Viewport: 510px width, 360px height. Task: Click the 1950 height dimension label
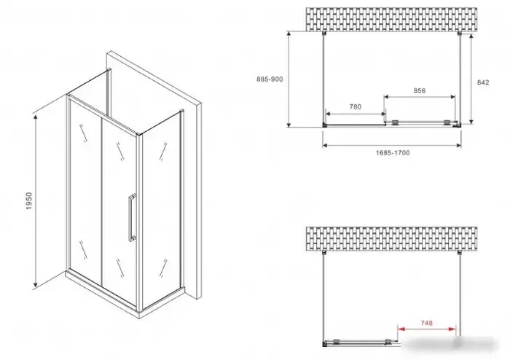(29, 201)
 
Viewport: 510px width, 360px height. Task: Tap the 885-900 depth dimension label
(270, 79)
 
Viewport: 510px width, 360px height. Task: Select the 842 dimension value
(483, 82)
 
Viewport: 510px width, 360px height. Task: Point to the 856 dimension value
(420, 90)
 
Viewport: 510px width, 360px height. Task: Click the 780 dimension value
(356, 106)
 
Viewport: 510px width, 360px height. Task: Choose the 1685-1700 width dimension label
(393, 153)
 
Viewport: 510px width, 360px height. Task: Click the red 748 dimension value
(426, 323)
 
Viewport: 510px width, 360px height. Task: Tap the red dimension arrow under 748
(426, 329)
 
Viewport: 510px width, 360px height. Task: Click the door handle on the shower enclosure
(132, 217)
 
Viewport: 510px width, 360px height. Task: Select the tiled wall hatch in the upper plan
(392, 20)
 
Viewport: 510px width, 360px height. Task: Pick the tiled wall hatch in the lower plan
(392, 239)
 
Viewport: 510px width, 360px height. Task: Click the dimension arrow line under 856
(420, 97)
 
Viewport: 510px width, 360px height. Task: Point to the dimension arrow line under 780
(356, 114)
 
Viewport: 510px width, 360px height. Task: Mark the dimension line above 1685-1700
(392, 145)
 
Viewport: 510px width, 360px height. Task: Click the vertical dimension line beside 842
(471, 79)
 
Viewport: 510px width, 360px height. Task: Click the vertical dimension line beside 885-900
(289, 79)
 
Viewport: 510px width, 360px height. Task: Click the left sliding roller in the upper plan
(395, 122)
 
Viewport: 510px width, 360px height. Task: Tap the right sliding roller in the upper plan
(447, 122)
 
